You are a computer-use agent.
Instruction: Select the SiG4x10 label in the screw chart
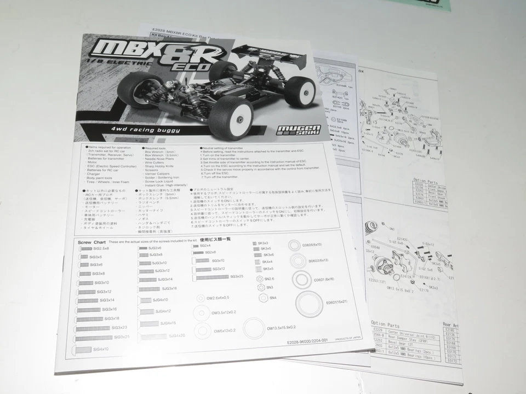(101, 349)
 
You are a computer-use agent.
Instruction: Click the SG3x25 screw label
(237, 277)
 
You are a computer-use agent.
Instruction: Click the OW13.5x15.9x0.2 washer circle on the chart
(254, 328)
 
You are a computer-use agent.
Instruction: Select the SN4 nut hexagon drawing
(262, 298)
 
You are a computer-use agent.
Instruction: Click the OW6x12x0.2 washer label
(225, 330)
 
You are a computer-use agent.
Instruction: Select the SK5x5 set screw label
(268, 269)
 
